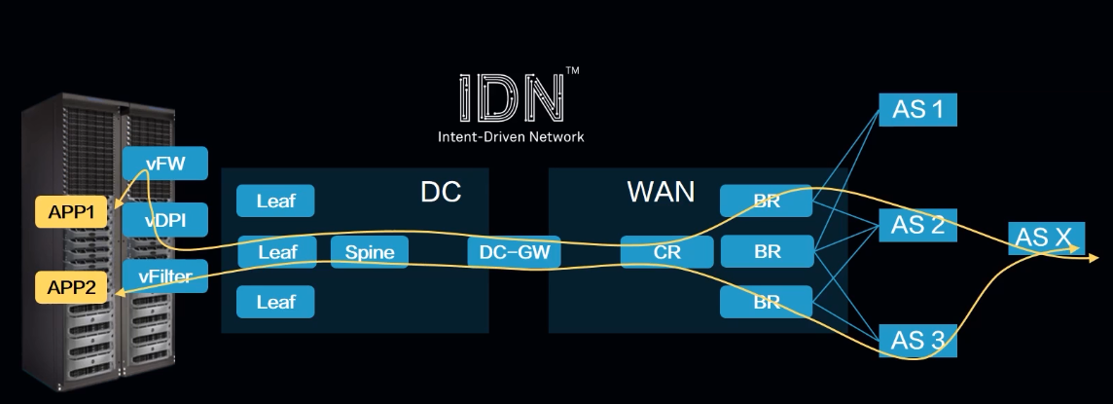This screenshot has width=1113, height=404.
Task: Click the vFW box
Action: point(165,164)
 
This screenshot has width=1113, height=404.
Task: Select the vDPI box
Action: point(165,220)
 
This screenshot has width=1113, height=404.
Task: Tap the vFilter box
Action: point(165,276)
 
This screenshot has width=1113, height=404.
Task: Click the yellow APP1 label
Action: point(72,211)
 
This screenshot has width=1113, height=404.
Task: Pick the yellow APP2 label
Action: point(72,287)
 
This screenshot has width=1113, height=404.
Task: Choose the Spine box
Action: point(370,252)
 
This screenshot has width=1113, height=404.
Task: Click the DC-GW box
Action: point(515,252)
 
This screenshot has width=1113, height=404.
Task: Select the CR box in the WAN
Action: point(667,252)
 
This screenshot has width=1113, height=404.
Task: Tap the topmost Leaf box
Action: point(275,201)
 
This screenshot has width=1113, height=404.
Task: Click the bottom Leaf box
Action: point(275,302)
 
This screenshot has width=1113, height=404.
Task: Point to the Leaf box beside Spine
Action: point(277,252)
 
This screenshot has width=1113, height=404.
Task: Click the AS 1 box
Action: point(917,109)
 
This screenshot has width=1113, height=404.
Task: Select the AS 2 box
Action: point(917,225)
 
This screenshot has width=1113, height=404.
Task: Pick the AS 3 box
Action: point(917,341)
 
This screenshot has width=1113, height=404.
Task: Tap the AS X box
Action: point(1046,238)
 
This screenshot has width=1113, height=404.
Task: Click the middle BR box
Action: point(768,251)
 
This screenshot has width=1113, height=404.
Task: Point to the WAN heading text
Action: point(661,193)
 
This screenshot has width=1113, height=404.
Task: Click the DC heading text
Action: point(441,193)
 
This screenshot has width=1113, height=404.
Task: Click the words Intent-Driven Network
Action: point(511,136)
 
